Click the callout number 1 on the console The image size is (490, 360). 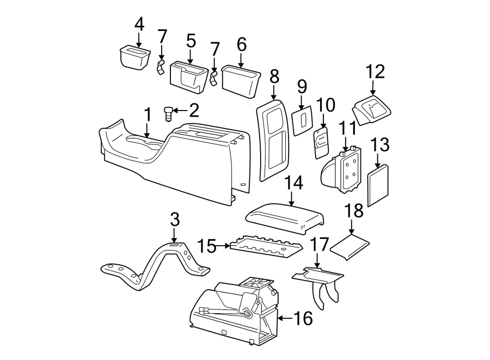click(146, 115)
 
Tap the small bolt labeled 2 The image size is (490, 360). click(168, 114)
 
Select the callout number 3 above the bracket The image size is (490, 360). click(174, 221)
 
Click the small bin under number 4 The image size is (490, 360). click(134, 57)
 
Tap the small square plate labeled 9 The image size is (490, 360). click(301, 121)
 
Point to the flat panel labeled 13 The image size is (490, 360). click(379, 187)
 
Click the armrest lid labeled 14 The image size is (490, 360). click(285, 217)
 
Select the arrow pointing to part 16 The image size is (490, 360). click(284, 317)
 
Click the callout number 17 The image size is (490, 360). click(320, 244)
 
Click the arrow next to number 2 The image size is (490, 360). click(181, 112)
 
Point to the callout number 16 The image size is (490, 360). click(303, 318)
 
